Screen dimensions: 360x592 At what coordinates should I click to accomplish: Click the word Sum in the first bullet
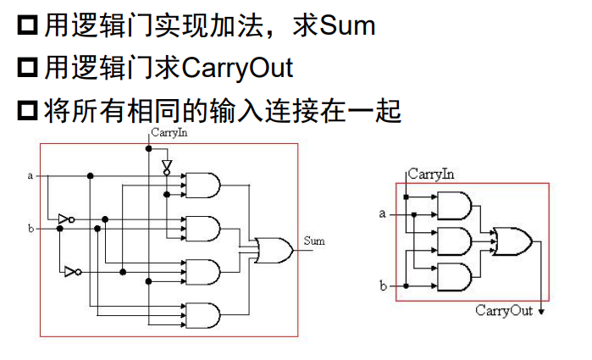347,26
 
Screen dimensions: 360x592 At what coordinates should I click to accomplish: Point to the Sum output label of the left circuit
313,241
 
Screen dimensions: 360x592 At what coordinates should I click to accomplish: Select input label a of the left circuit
31,176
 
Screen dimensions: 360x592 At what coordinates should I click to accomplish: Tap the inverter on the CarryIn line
166,165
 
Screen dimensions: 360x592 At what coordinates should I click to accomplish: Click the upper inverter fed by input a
65,219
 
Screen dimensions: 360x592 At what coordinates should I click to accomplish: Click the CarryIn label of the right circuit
431,174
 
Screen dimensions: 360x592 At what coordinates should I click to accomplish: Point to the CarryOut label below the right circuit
503,311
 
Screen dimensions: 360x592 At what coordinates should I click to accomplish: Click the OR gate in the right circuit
512,242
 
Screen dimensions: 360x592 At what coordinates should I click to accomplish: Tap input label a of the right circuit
383,213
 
